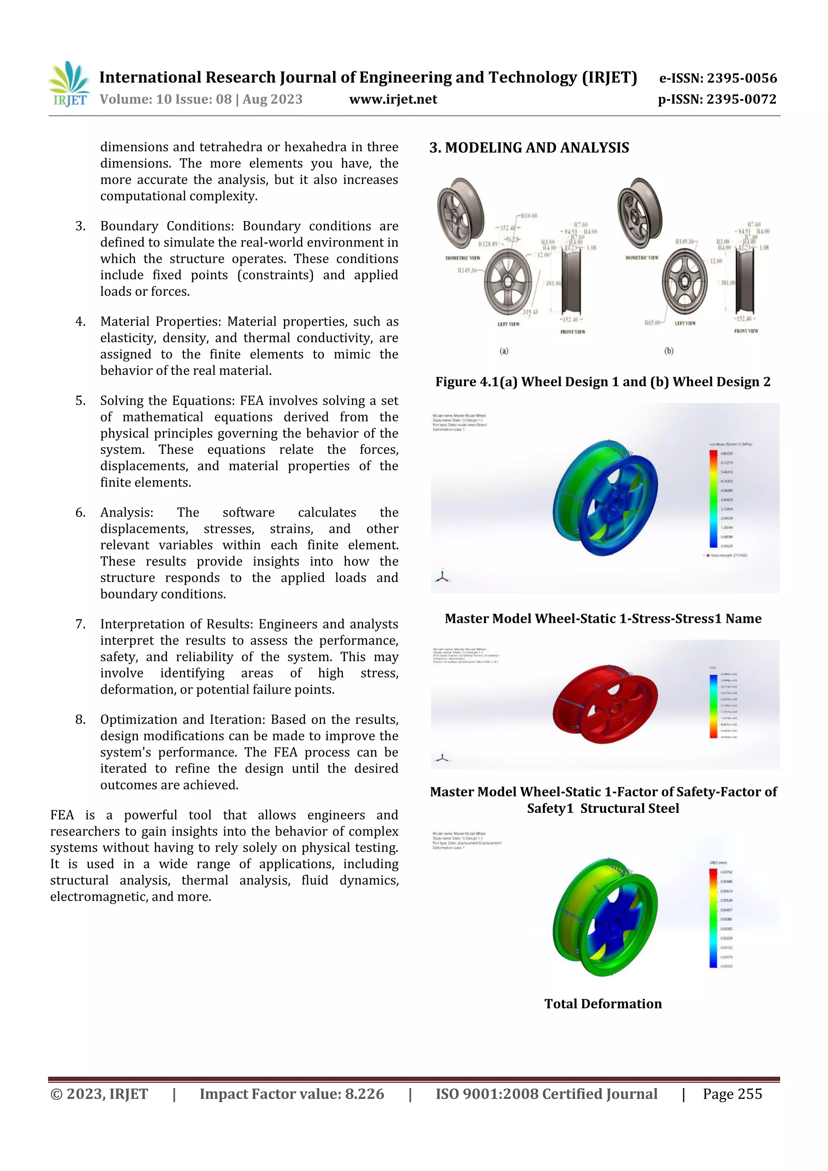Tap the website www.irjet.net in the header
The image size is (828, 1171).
point(393,99)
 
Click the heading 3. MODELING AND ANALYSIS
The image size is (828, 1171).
point(529,148)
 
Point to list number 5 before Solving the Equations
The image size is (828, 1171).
point(80,401)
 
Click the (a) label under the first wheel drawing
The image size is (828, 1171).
point(503,351)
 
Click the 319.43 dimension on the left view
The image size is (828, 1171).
point(530,312)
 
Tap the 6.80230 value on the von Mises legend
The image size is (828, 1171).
point(727,454)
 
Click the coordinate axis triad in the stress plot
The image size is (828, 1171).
point(442,577)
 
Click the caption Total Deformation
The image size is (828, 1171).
point(602,1004)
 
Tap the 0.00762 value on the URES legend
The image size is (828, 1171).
point(727,872)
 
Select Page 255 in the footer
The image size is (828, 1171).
point(732,1093)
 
